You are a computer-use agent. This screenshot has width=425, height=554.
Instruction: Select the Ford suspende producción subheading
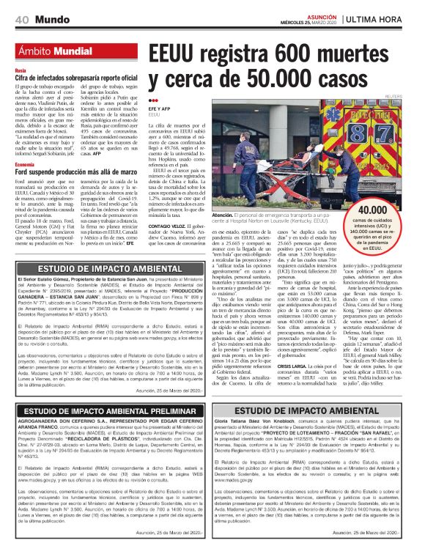pos(74,173)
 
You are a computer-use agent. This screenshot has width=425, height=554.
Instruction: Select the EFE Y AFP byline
pos(159,108)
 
